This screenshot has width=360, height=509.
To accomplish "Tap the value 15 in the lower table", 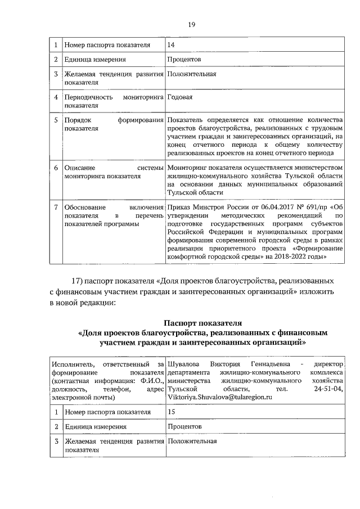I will [x=172, y=412].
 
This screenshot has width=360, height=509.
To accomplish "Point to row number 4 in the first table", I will [x=56, y=97].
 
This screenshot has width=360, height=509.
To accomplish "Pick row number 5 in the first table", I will [x=56, y=120].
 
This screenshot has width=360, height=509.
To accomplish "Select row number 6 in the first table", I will [x=56, y=168].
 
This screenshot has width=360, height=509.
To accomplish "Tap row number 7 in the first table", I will [x=56, y=208].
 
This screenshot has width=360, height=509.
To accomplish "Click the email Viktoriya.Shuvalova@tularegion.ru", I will [x=219, y=397].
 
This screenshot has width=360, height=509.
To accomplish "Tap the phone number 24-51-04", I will [x=327, y=389].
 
